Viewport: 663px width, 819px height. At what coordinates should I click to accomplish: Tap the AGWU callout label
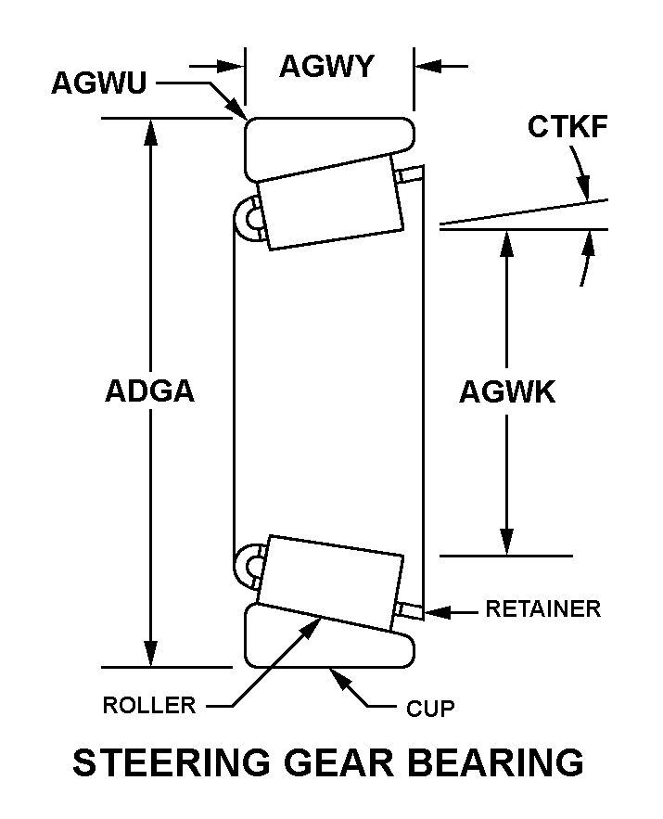98,83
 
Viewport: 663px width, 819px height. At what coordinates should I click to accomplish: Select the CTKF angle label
567,127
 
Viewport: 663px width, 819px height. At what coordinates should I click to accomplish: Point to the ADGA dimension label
149,390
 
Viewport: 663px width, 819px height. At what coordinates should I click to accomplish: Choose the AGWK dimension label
507,392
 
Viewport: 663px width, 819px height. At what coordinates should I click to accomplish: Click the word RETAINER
543,609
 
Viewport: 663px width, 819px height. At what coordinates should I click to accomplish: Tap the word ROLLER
149,705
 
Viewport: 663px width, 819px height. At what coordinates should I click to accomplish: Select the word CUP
431,710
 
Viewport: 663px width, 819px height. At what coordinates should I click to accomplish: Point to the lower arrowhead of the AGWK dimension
506,543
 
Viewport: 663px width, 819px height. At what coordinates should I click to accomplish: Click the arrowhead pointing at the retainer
435,611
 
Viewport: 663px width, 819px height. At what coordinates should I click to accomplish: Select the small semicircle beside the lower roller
249,564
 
